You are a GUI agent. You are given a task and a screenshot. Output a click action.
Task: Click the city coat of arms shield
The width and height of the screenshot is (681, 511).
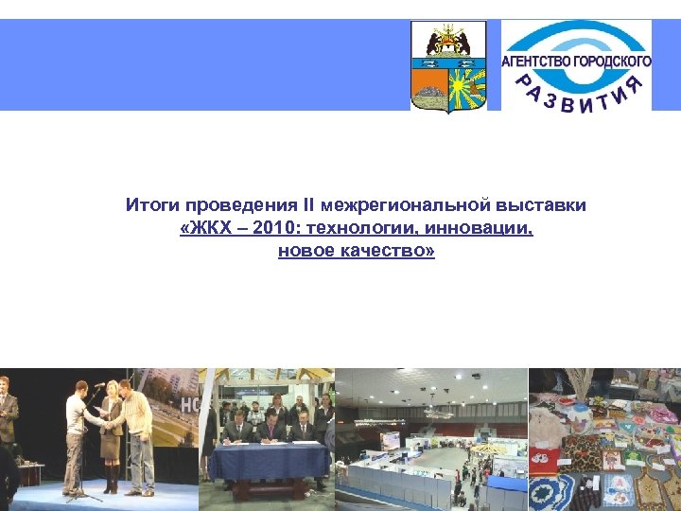pos(448,67)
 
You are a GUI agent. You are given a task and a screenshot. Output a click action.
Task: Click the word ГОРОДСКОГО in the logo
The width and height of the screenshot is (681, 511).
pos(615,62)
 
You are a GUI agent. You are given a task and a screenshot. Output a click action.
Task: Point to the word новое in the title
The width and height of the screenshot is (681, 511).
pos(302,253)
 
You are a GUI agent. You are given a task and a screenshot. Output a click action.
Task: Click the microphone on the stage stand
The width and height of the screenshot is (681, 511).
pos(97,385)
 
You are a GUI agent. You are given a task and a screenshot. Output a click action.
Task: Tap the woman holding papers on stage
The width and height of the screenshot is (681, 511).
pos(112,431)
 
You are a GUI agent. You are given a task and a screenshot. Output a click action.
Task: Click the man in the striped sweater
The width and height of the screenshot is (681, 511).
pos(137,431)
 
